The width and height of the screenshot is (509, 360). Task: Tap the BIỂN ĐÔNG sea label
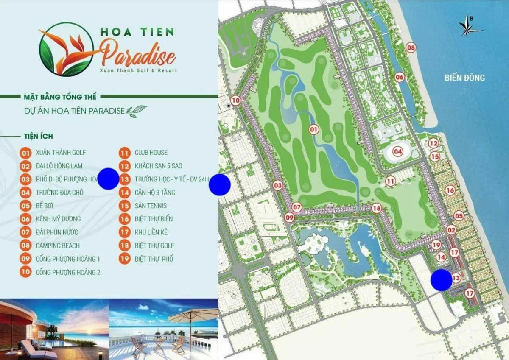pos(464,78)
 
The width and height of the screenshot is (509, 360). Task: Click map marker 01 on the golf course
pos(313,129)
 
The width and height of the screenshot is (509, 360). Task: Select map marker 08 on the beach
pos(410,47)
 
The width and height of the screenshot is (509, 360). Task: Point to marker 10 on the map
pos(236,101)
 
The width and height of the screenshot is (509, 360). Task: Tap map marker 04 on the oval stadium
pos(397,151)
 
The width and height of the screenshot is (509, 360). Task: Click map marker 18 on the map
pos(376,208)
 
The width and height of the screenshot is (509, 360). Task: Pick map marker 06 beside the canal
pos(399,77)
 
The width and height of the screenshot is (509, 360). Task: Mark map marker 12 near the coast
pos(433,144)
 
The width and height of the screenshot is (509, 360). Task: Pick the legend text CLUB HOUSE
pos(151,153)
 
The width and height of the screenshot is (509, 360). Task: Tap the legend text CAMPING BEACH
pos(58,246)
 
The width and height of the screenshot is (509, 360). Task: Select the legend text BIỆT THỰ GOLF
pos(154,246)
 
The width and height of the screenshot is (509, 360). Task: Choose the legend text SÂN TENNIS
pos(151,206)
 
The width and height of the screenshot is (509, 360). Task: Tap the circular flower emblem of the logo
pos(67,49)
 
